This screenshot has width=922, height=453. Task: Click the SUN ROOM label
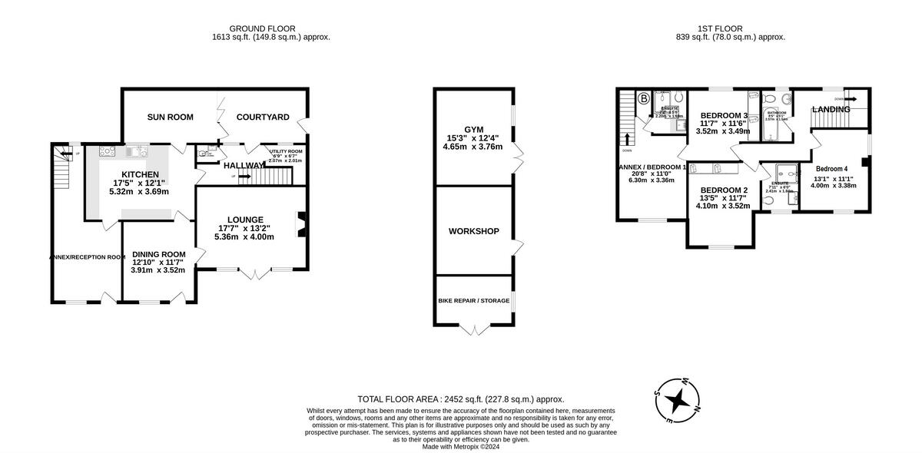[x=170, y=117]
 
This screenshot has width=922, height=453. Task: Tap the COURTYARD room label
[x=263, y=117]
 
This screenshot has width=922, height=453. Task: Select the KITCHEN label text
[x=139, y=175]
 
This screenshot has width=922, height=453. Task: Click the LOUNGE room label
[x=246, y=220]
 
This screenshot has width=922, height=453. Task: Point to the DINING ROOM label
[x=159, y=255]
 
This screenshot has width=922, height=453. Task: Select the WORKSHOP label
[x=474, y=231]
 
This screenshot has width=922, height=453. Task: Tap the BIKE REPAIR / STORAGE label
[x=473, y=301]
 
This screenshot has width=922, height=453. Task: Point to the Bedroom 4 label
[x=831, y=169]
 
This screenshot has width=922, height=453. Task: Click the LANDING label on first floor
[x=831, y=110]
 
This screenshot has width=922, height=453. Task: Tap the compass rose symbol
[x=677, y=400]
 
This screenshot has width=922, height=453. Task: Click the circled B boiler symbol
[x=645, y=99]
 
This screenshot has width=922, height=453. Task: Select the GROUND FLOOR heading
[x=271, y=28]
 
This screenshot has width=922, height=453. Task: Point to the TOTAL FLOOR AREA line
[x=460, y=399]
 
